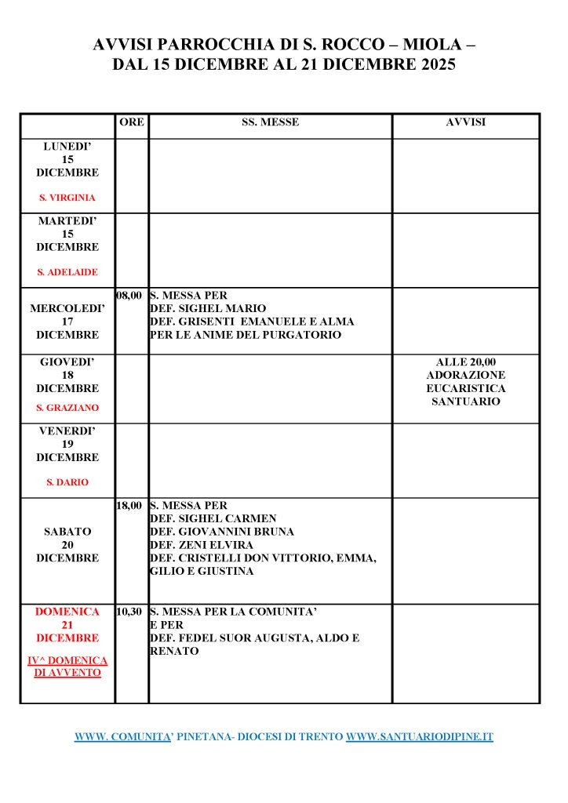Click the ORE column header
coord(132,122)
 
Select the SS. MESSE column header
coord(270,122)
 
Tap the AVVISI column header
coord(465,122)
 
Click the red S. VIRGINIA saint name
coord(67,198)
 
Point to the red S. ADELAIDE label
coord(67,272)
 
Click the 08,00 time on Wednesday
coord(129,296)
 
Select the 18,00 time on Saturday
coord(129,506)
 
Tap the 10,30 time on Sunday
coord(129,612)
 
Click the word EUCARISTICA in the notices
coord(465,388)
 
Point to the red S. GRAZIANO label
coord(67,408)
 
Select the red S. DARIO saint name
coord(67,482)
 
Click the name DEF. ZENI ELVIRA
coord(200,545)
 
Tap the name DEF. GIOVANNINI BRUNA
coord(221,532)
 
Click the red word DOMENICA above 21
coord(67,612)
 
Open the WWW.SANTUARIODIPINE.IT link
coord(419,737)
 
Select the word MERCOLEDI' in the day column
coord(67,309)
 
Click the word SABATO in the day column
coord(67,532)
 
